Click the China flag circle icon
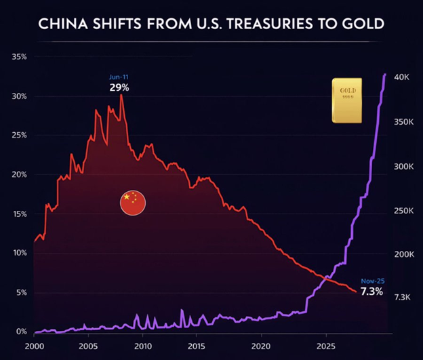click(x=133, y=203)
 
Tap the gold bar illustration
click(x=346, y=100)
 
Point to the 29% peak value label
click(x=119, y=88)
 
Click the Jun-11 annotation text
click(x=119, y=77)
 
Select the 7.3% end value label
click(x=371, y=292)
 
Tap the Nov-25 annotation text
click(x=372, y=281)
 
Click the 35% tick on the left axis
click(x=19, y=57)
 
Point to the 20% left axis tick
click(x=19, y=174)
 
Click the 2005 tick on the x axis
click(x=89, y=346)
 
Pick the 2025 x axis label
click(x=326, y=346)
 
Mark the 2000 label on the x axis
click(x=34, y=346)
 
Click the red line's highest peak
click(x=121, y=95)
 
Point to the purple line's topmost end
click(x=385, y=74)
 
